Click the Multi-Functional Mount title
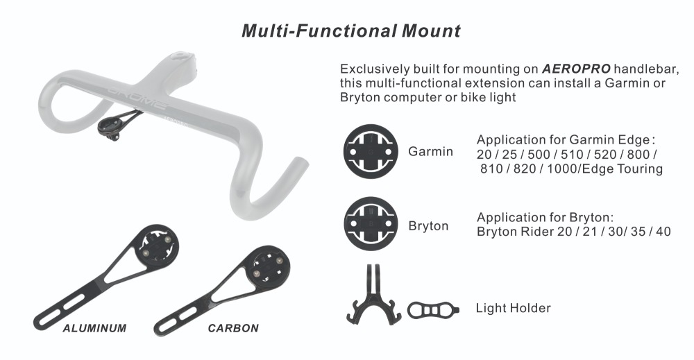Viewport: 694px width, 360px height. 351,31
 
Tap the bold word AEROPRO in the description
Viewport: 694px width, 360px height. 576,69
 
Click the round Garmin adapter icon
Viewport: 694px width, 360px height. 371,151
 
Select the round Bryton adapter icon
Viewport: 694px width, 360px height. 371,224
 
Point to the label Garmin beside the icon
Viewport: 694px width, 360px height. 430,152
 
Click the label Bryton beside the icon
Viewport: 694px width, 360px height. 428,226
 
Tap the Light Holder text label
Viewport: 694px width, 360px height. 513,308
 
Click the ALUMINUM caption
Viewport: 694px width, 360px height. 94,328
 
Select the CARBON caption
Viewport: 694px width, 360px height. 233,328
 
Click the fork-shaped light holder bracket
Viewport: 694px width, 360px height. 373,301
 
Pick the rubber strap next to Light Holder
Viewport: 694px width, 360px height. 433,310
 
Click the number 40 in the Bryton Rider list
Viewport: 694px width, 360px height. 663,232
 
